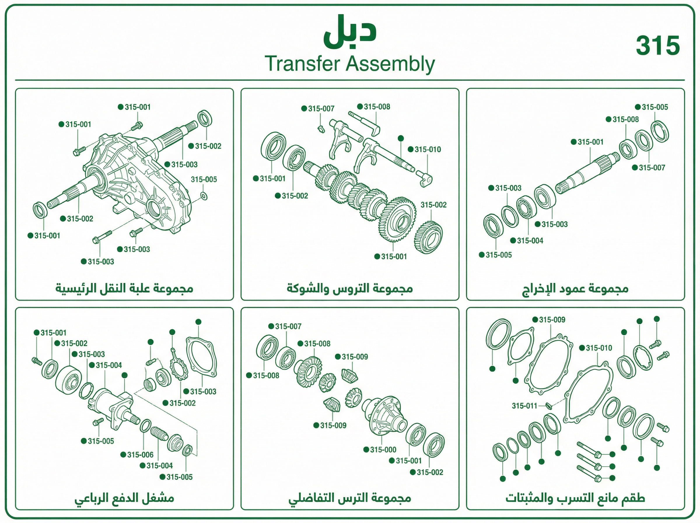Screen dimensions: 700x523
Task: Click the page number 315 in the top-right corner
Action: pyautogui.click(x=658, y=46)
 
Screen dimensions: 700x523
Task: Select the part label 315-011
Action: pyautogui.click(x=524, y=406)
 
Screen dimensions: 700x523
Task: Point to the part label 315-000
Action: pyautogui.click(x=383, y=449)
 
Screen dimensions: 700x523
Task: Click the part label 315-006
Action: pyautogui.click(x=140, y=455)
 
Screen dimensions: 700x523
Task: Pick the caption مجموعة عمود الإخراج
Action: pyautogui.click(x=575, y=289)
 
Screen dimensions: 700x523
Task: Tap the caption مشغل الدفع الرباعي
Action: pyautogui.click(x=124, y=498)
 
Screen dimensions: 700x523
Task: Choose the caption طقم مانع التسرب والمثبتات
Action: pyautogui.click(x=575, y=498)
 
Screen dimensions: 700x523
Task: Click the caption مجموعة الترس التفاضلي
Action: pyautogui.click(x=349, y=498)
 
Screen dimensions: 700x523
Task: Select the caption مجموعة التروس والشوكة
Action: pyautogui.click(x=349, y=289)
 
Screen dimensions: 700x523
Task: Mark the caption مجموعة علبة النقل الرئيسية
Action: pyautogui.click(x=124, y=289)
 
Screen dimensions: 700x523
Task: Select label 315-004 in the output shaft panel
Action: pyautogui.click(x=530, y=240)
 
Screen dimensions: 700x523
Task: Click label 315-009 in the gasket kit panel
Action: pyautogui.click(x=552, y=320)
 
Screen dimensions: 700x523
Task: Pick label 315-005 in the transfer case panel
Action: pyautogui.click(x=204, y=179)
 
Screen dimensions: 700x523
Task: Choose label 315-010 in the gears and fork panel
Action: pyautogui.click(x=428, y=149)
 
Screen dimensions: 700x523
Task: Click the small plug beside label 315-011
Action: pyautogui.click(x=549, y=405)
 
